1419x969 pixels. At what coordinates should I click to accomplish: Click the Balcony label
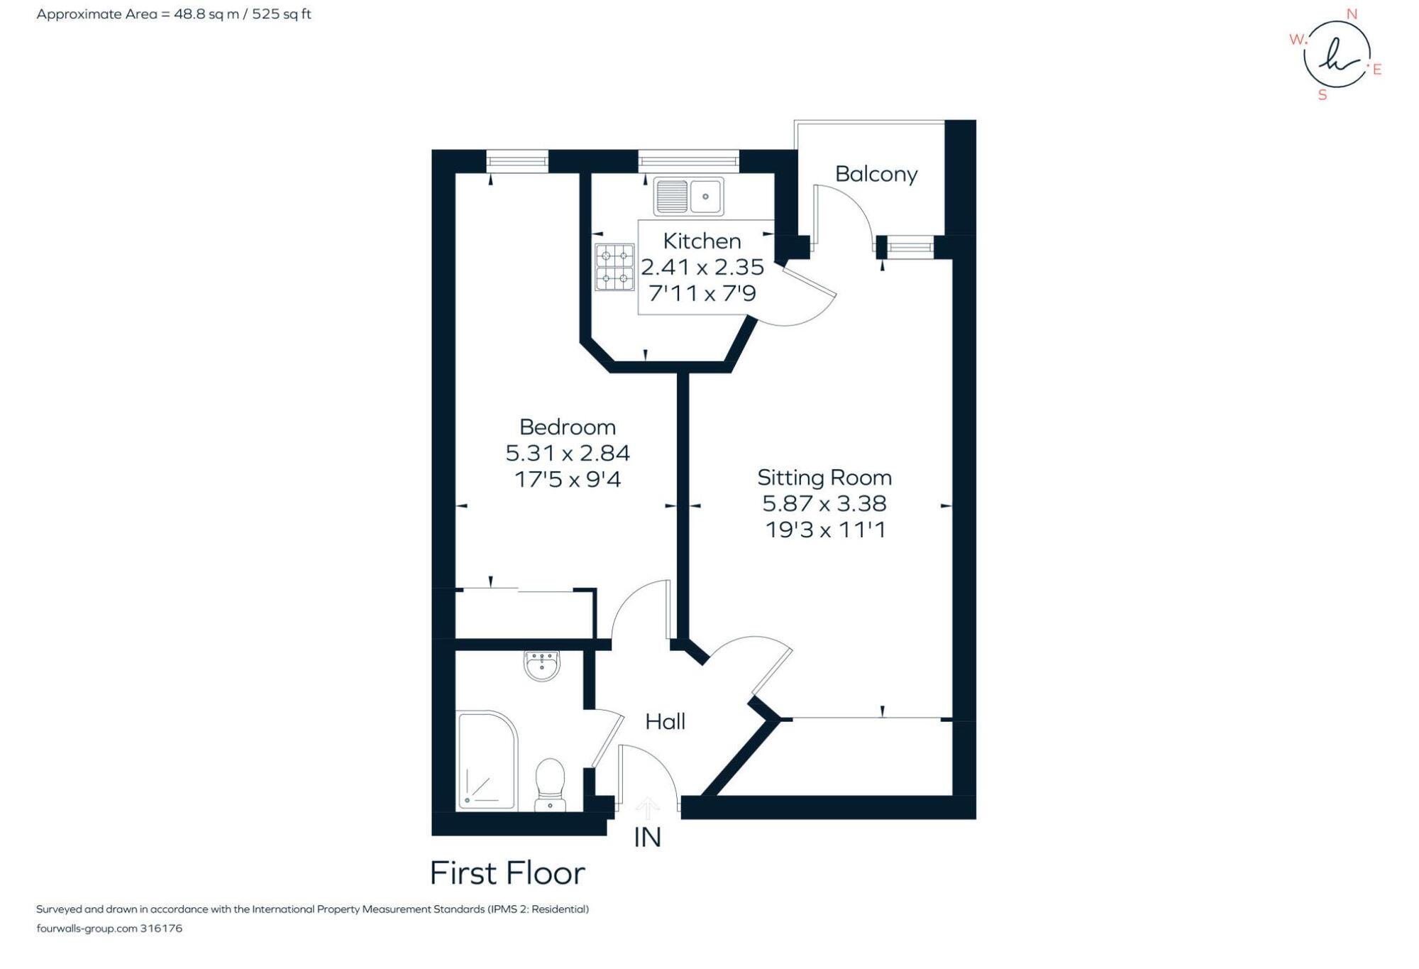pyautogui.click(x=876, y=174)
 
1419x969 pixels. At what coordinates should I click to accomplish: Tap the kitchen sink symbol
pyautogui.click(x=688, y=196)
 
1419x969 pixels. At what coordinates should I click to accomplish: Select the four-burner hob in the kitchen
pyautogui.click(x=614, y=267)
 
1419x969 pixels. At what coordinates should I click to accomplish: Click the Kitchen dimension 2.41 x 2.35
pyautogui.click(x=702, y=268)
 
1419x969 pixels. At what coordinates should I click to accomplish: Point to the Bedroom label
pyautogui.click(x=568, y=427)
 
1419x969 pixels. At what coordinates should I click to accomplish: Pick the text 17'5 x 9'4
pyautogui.click(x=568, y=480)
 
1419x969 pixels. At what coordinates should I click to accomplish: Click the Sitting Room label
pyautogui.click(x=824, y=478)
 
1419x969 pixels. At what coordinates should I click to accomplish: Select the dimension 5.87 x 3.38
pyautogui.click(x=824, y=504)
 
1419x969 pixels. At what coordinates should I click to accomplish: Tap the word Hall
pyautogui.click(x=665, y=722)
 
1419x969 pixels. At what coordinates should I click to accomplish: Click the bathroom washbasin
pyautogui.click(x=542, y=666)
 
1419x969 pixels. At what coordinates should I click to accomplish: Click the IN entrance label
pyautogui.click(x=647, y=838)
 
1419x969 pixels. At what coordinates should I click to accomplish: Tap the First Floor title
pyautogui.click(x=507, y=873)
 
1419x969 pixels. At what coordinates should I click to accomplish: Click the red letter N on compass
pyautogui.click(x=1352, y=14)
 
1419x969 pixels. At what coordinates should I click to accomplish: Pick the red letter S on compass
pyautogui.click(x=1323, y=95)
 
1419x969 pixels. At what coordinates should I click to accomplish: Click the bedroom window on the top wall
pyautogui.click(x=517, y=162)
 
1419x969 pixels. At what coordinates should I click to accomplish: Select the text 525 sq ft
pyautogui.click(x=282, y=14)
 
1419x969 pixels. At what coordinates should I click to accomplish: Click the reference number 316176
pyautogui.click(x=161, y=929)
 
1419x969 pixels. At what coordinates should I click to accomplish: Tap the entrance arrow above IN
pyautogui.click(x=647, y=808)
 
